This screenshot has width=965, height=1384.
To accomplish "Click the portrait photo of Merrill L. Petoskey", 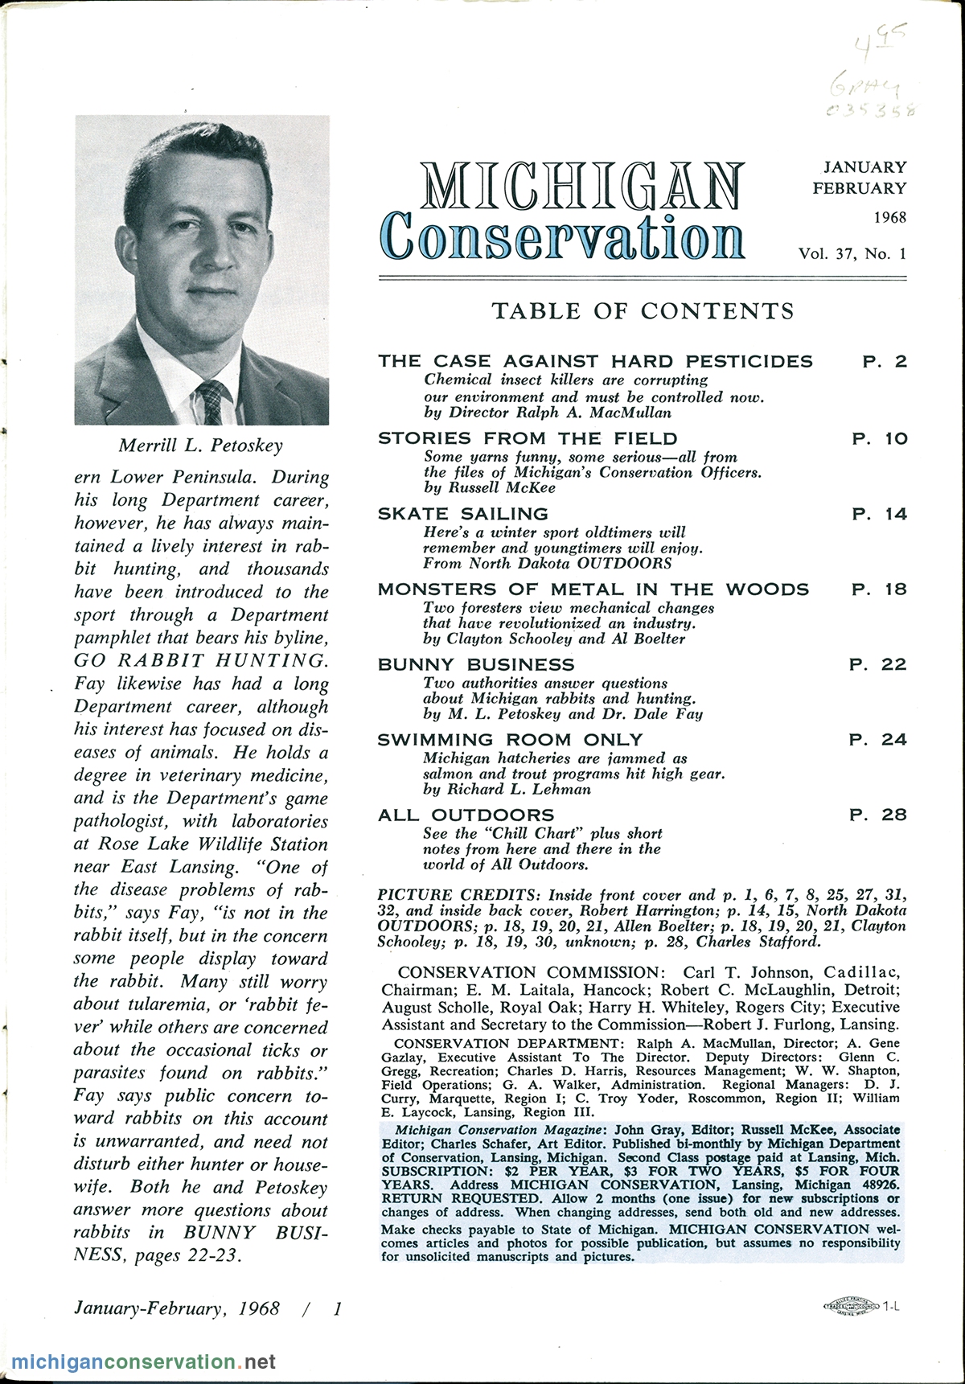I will point(202,269).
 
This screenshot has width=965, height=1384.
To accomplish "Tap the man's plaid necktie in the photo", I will point(213,402).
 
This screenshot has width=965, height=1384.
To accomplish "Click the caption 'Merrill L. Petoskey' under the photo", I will point(201,445).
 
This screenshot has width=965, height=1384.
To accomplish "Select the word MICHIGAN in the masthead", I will point(581,187).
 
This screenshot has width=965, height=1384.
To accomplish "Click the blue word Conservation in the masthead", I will point(563,236).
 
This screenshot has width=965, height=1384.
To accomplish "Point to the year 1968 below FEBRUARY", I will point(889,218).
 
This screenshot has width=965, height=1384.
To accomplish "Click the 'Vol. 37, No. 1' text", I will point(852,253).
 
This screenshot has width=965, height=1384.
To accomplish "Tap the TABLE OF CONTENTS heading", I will point(643,311).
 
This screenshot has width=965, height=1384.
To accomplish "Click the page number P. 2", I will point(885,362).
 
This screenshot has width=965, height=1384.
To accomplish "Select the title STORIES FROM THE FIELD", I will point(528,438).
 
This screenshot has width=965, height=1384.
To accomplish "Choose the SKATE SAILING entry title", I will point(463,514).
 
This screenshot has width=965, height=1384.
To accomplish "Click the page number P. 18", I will point(879,589).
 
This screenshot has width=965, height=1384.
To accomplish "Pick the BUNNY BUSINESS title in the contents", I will point(476,665).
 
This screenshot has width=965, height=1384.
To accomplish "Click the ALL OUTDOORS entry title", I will point(466,815).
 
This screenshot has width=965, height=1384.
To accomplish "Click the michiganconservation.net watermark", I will point(143,1362).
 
